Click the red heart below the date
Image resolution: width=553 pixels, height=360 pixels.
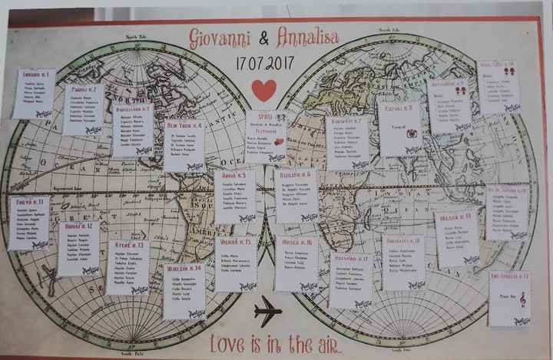point(263,91)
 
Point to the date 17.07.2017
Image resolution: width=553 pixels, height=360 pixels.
point(264,61)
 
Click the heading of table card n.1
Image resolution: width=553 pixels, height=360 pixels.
point(35,74)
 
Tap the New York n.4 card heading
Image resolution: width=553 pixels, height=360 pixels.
point(184,125)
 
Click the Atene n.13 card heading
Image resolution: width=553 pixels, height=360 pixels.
point(129,245)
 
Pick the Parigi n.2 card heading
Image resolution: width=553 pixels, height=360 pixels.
point(84,89)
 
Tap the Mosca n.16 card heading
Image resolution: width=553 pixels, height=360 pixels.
point(296,243)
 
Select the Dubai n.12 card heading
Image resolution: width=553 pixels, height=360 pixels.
point(78,226)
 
